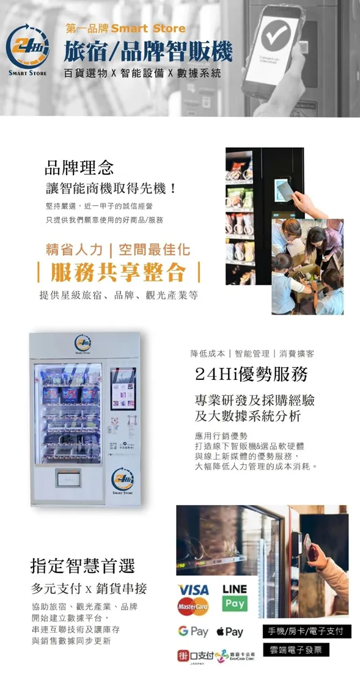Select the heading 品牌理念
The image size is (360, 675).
tap(79, 166)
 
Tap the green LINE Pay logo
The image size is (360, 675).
tap(235, 597)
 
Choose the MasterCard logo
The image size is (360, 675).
tap(193, 607)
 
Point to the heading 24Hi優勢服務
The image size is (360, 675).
tap(251, 373)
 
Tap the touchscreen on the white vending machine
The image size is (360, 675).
tap(123, 389)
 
